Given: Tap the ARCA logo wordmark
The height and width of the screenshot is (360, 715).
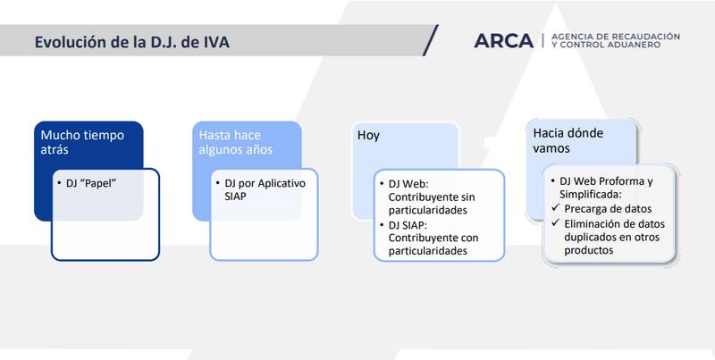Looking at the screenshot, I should point(505,40).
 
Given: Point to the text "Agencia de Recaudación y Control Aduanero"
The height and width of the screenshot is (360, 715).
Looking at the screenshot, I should point(617,40).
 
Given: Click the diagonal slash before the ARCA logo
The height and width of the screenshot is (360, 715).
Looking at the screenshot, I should point(430,40).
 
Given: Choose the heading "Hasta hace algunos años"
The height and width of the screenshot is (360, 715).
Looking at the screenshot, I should point(236,142).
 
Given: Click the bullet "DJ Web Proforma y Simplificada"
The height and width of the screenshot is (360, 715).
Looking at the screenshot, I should point(605,188).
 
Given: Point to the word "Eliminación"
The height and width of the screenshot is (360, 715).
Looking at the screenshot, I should point(593,224).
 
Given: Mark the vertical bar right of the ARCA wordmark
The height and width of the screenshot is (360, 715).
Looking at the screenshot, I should point(543,40).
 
